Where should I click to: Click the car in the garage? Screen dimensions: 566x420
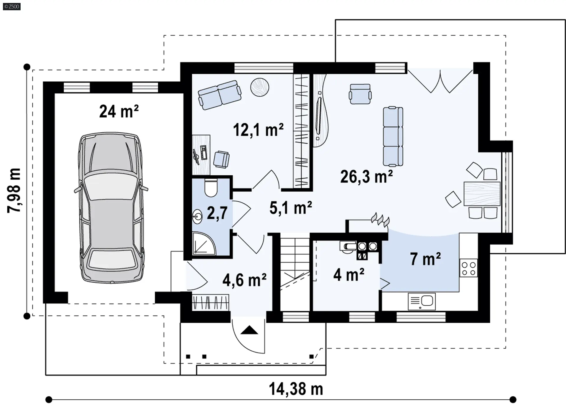coord(111,208)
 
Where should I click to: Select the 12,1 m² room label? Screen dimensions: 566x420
coord(258,130)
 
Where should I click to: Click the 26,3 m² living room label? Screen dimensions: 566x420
coord(366,177)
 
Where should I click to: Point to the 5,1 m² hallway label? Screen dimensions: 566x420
coord(291,208)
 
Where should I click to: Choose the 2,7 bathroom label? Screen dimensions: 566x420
coord(217,213)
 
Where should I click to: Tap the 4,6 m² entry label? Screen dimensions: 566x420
coord(245,280)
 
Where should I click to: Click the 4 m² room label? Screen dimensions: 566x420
coord(349,275)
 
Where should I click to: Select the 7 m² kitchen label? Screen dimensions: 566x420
coord(425,259)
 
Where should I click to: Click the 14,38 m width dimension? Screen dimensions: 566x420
coord(296,389)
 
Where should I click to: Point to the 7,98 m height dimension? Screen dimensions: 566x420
coord(14,190)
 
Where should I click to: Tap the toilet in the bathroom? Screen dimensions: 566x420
coord(211,187)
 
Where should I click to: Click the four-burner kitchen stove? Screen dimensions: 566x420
coord(468,268)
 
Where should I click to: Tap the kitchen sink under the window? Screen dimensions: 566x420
coord(422,302)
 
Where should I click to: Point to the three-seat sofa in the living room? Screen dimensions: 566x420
coord(393,136)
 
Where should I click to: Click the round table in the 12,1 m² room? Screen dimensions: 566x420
coord(260,87)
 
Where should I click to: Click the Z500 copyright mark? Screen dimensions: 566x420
coord(12,6)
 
